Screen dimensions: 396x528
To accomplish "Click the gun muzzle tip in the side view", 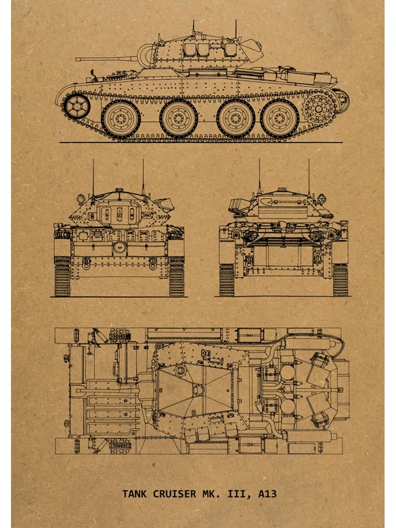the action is point(76,59).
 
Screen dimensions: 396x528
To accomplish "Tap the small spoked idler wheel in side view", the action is point(77,106).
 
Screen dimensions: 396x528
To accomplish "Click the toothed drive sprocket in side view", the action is point(319,109).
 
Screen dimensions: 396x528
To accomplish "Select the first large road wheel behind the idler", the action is point(121,119).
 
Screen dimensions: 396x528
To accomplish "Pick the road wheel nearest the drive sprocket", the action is point(280,119).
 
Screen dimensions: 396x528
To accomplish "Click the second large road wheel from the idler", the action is point(179,119).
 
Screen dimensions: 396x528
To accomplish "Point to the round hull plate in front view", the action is point(119,247).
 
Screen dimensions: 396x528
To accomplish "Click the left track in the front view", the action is point(62,276).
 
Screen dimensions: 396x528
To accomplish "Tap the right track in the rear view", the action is point(340,280).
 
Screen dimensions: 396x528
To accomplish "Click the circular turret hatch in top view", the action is point(180,370).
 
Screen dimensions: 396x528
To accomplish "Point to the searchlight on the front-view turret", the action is point(81,199).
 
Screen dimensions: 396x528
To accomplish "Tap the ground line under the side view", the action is point(201,143).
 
